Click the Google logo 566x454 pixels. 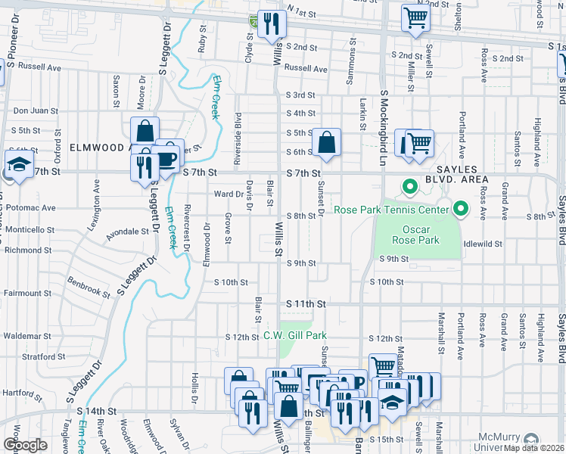[x=24, y=445]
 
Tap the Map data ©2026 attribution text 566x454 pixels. [x=533, y=448]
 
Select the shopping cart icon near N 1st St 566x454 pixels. [x=415, y=17]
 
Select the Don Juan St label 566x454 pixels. [x=36, y=110]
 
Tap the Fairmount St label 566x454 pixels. [x=26, y=293]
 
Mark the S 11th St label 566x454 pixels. [x=306, y=303]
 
